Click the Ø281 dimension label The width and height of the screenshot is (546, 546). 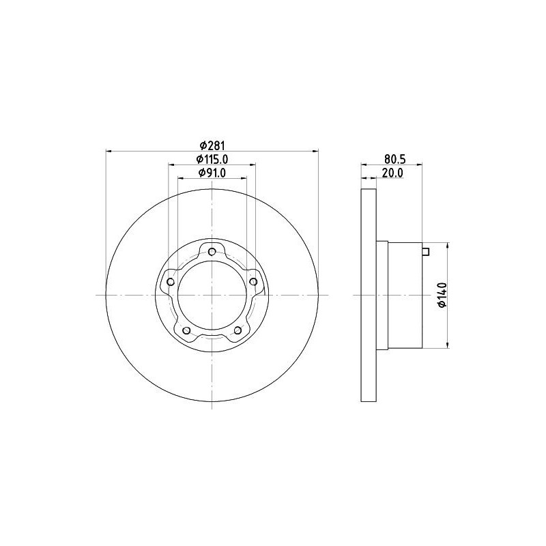[x=212, y=145]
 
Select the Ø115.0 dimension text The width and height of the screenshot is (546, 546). [x=212, y=159]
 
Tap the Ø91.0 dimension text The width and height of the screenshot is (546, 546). [x=212, y=173]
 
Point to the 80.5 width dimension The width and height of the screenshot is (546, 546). [x=395, y=159]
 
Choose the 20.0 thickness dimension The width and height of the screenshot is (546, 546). [x=392, y=173]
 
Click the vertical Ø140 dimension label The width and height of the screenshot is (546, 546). [x=442, y=295]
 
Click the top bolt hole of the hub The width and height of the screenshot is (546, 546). [x=212, y=251]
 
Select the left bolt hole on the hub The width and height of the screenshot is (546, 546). [x=171, y=281]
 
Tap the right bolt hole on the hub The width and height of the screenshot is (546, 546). [x=253, y=281]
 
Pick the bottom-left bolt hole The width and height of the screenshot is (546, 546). [x=186, y=330]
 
